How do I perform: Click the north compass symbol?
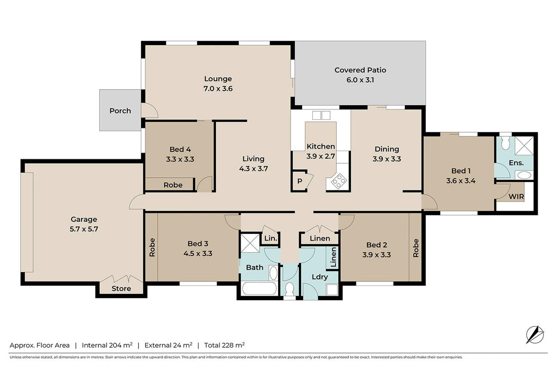click(535, 334)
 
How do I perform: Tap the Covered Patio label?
click(360, 70)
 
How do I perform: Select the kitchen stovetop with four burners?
click(338, 181)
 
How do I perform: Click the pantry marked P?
click(300, 181)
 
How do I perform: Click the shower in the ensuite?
click(524, 146)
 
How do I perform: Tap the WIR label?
click(516, 197)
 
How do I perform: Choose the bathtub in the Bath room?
click(259, 288)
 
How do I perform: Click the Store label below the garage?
click(121, 288)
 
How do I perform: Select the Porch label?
click(120, 111)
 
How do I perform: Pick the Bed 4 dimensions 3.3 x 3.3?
click(180, 159)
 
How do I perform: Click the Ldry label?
click(320, 277)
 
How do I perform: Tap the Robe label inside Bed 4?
click(173, 185)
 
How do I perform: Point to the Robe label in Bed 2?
click(416, 248)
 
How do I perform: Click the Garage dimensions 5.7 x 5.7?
click(84, 229)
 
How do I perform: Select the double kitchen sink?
click(321, 115)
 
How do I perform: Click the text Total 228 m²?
click(224, 345)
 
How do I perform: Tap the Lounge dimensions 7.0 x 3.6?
click(218, 89)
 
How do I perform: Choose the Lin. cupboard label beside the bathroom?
click(270, 238)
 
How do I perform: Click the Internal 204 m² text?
click(107, 345)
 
